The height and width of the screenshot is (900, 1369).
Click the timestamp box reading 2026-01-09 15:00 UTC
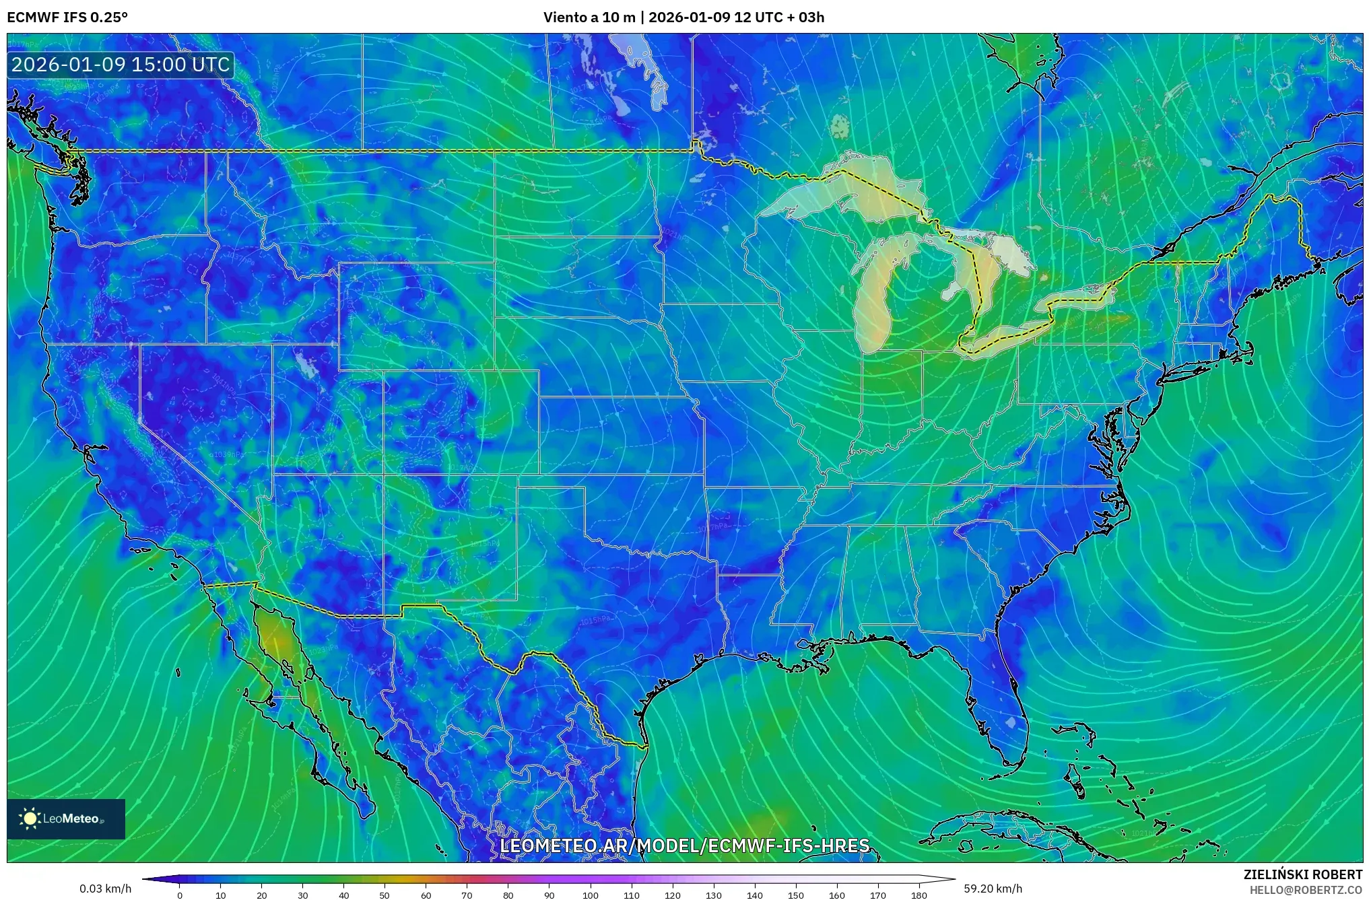tap(121, 65)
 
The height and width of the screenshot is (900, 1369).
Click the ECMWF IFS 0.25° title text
tap(67, 18)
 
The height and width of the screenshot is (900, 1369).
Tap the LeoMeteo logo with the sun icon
tap(65, 819)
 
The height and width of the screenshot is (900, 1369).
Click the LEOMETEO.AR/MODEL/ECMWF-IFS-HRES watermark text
tap(685, 845)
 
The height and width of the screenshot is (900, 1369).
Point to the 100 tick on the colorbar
tap(591, 895)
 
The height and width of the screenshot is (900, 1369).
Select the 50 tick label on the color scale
tap(385, 895)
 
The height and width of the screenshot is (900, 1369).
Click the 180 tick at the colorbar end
tap(919, 895)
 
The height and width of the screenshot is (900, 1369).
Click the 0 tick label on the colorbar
tap(179, 895)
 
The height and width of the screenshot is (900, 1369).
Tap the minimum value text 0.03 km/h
tap(105, 889)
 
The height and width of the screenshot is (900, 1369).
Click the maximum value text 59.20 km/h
tap(993, 889)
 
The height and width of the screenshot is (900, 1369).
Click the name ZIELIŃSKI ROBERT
tap(1302, 874)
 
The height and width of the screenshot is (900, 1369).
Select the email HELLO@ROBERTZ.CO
tap(1306, 890)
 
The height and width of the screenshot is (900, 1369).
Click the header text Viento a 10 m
tap(589, 18)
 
